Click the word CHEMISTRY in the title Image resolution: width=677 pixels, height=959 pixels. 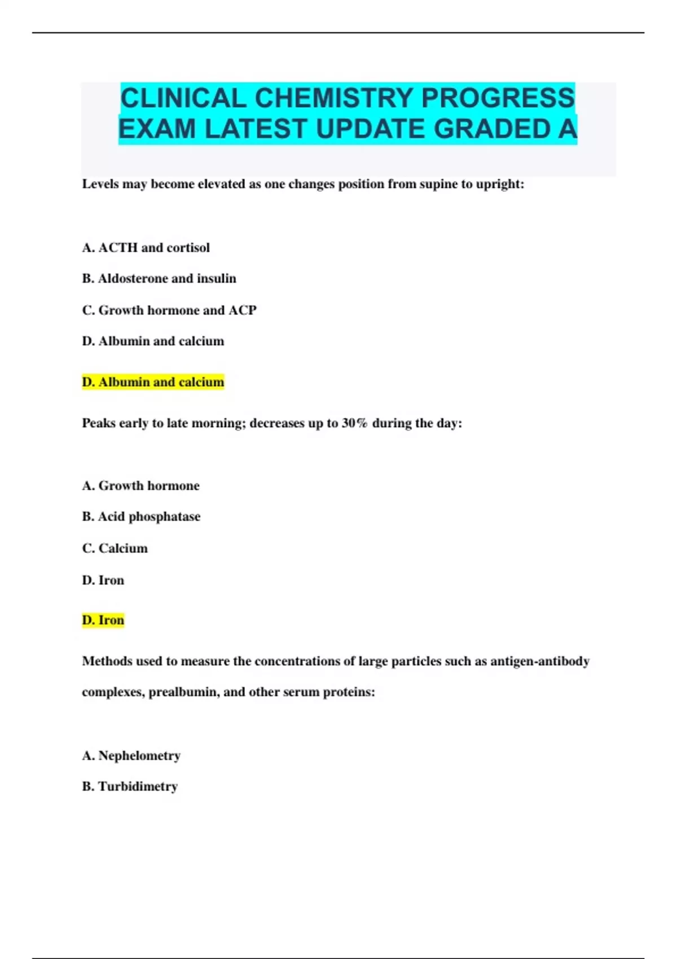(334, 98)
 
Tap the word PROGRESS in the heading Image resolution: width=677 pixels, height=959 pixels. (498, 98)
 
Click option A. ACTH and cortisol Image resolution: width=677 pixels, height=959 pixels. (146, 248)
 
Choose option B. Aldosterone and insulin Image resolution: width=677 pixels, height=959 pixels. (159, 279)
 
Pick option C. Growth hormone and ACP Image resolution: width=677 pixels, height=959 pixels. (169, 310)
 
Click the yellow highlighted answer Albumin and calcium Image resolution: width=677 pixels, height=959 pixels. (153, 382)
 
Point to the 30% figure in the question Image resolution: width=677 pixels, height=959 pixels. (354, 423)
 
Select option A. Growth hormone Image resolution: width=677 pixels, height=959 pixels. (140, 486)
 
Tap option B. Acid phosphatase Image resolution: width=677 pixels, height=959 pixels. (141, 517)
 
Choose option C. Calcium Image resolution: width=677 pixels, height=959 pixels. (115, 548)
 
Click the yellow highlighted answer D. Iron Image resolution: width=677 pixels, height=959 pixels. (103, 621)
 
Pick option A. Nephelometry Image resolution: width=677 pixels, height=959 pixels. (131, 756)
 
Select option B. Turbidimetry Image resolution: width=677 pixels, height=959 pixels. (130, 786)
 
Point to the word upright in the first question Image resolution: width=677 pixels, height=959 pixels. (500, 184)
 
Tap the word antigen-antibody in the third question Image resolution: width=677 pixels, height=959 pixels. (539, 661)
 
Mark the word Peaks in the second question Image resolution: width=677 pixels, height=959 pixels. (99, 423)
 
